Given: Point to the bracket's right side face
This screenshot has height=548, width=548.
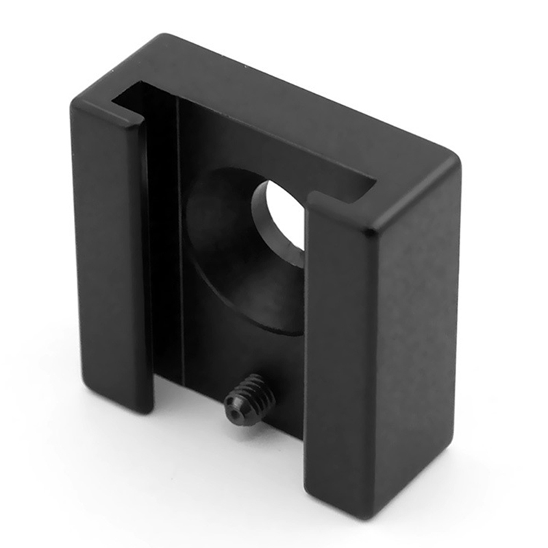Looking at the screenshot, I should click(418, 329).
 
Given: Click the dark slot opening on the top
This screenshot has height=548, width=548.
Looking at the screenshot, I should click(247, 137).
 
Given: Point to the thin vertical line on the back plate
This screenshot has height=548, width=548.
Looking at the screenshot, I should click(180, 240).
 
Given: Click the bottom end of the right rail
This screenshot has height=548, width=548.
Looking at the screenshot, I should click(342, 503).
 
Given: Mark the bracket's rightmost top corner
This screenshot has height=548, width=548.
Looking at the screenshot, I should click(455, 162).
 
